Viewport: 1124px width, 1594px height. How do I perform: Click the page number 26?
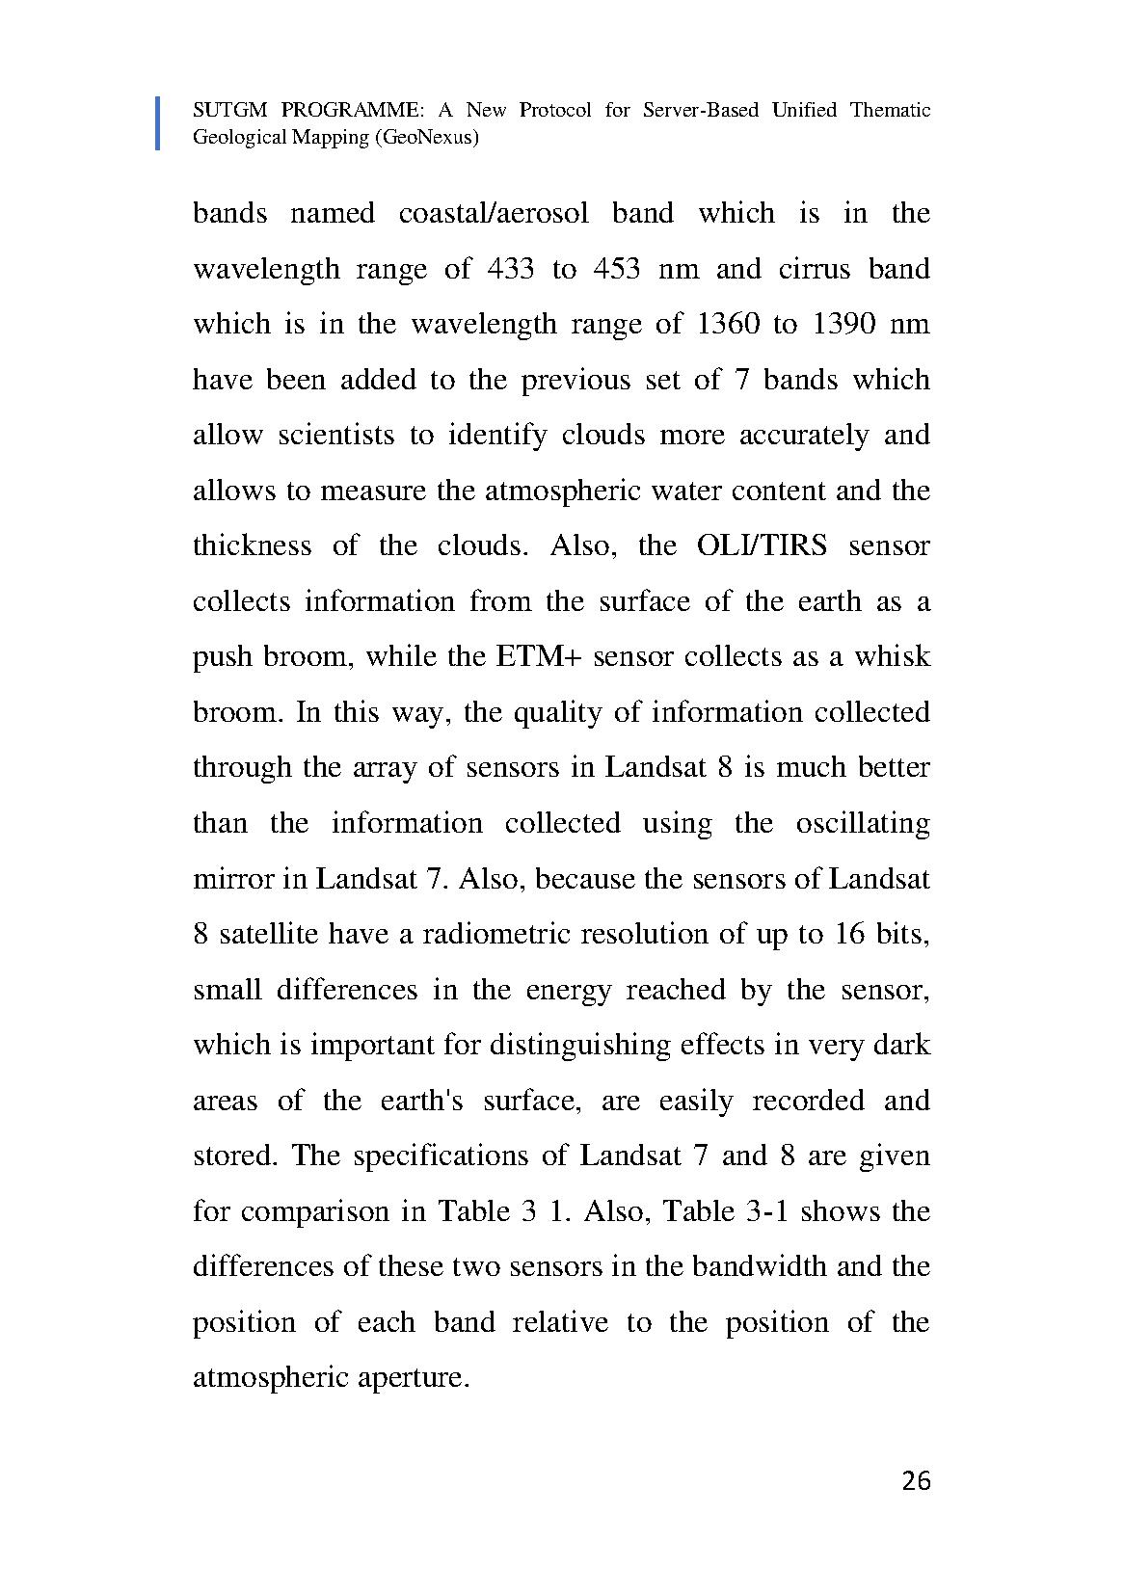pos(916,1480)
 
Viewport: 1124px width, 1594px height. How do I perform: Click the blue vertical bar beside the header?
pos(158,123)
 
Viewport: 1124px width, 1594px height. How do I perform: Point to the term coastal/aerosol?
pos(493,213)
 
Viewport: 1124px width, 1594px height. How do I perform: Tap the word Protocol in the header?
pos(555,110)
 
